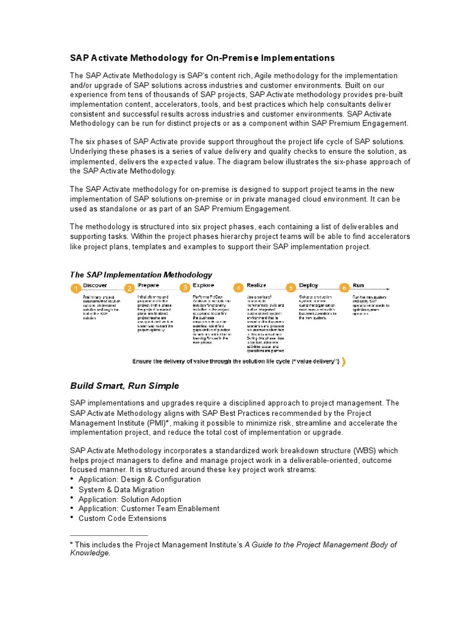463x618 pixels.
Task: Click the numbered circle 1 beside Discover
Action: pos(76,289)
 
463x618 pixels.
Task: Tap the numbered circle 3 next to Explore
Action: pos(185,288)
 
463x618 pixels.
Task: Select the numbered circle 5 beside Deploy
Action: pos(291,288)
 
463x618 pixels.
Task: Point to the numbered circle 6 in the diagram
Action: pos(344,288)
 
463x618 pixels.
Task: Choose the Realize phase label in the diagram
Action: pos(256,285)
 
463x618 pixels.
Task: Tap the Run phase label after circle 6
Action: pos(358,285)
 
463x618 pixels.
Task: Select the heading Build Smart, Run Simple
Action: pos(124,386)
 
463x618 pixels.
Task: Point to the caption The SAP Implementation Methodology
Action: pos(141,275)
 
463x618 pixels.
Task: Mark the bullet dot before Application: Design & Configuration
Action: pos(72,479)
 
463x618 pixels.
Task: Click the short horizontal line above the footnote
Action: pos(109,535)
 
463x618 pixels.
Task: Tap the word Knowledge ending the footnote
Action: pos(90,553)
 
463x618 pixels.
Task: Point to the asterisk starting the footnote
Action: pos(72,544)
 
